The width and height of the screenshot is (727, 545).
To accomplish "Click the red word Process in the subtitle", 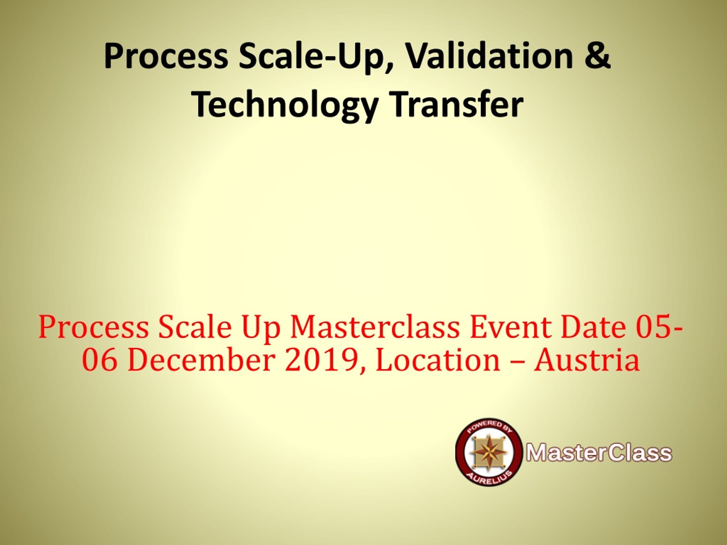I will pos(94,328).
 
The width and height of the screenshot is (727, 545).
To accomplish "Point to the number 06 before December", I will pos(99,360).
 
